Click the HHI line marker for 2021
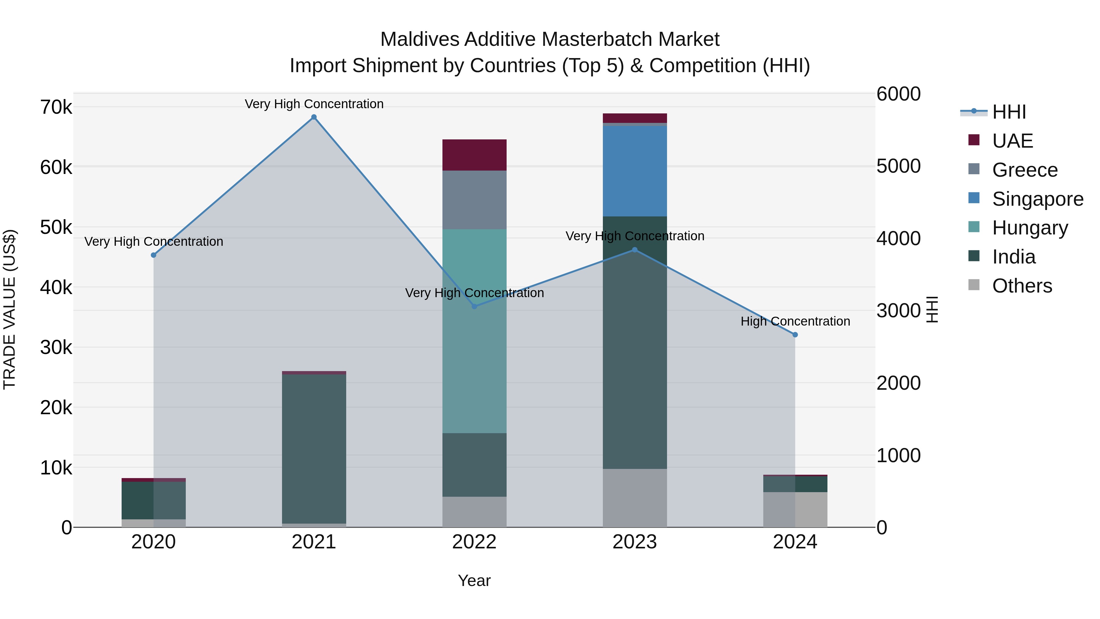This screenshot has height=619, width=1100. pyautogui.click(x=314, y=117)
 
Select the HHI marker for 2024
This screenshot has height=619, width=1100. pyautogui.click(x=795, y=335)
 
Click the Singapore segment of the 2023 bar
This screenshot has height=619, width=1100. pyautogui.click(x=635, y=171)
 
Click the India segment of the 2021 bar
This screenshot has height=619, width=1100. pyautogui.click(x=314, y=448)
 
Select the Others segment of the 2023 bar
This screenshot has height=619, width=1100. pyautogui.click(x=635, y=498)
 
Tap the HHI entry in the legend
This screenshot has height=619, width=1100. pyautogui.click(x=1009, y=112)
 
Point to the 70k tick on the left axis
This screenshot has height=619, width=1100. pyautogui.click(x=56, y=107)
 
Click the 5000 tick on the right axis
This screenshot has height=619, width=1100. pyautogui.click(x=898, y=166)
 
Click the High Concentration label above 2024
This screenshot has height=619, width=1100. pyautogui.click(x=795, y=321)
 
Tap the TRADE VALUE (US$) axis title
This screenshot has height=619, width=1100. pyautogui.click(x=9, y=309)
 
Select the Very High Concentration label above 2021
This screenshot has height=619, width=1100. pyautogui.click(x=314, y=104)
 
